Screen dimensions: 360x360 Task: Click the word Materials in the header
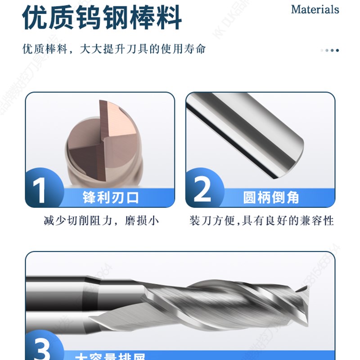(x=315, y=9)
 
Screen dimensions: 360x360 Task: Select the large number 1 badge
(x=41, y=189)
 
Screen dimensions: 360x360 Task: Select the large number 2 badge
(x=203, y=189)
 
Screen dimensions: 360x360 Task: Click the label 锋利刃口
(x=111, y=197)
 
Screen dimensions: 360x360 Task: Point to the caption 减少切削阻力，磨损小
(x=101, y=221)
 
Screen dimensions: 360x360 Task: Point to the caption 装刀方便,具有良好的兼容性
(x=261, y=221)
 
